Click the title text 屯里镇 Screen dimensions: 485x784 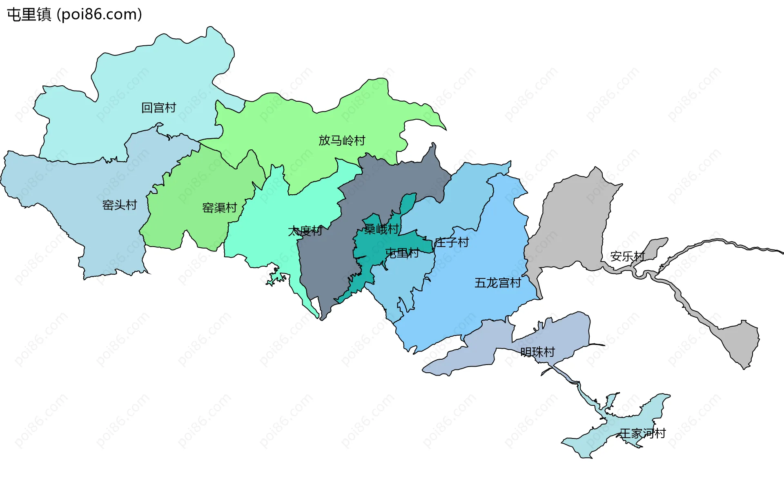pos(29,15)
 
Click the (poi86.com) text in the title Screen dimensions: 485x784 pos(99,15)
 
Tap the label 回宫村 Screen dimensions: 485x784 pos(158,108)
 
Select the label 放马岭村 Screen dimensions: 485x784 pos(342,140)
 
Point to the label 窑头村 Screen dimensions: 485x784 pos(119,205)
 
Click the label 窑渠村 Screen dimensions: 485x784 pos(219,208)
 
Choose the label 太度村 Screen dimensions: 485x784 pos(305,231)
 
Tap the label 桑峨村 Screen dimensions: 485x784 pos(381,229)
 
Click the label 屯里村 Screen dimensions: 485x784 pos(402,253)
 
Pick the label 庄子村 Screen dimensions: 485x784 pos(452,242)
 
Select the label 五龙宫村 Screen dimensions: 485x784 pos(498,283)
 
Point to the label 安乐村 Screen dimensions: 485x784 pos(627,256)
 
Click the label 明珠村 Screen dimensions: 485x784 pos(537,352)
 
